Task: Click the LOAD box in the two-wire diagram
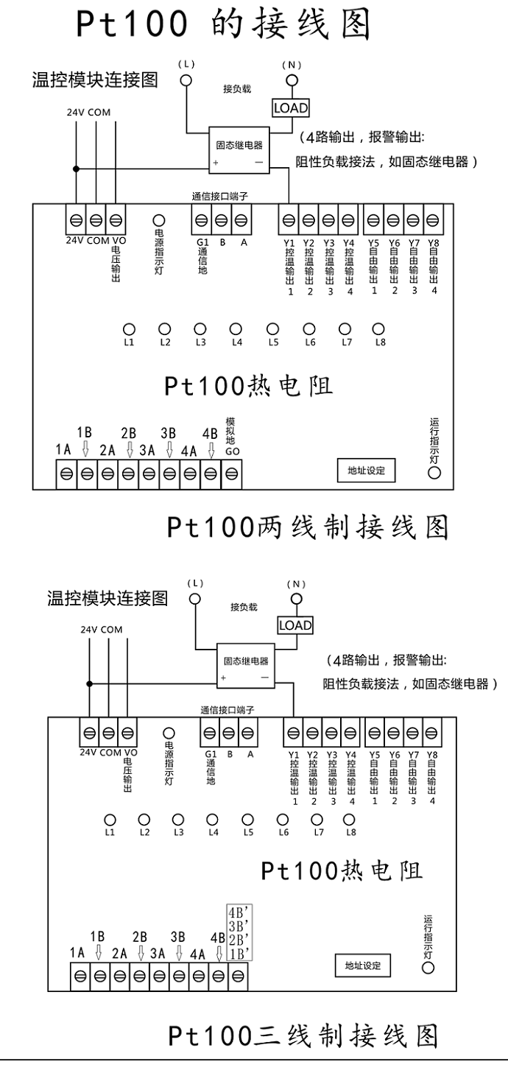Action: click(291, 108)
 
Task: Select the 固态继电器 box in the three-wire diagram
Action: click(245, 666)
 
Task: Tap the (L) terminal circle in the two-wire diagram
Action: click(186, 80)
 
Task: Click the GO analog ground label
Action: click(233, 451)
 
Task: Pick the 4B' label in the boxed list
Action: click(239, 912)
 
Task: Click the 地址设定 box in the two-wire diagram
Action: click(367, 471)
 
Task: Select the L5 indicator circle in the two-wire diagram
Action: click(273, 329)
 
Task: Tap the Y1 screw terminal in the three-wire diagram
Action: click(293, 733)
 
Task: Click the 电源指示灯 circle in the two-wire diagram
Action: click(159, 221)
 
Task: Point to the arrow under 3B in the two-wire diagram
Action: click(169, 449)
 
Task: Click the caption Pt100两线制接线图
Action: click(308, 527)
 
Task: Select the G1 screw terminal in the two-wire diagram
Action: click(201, 221)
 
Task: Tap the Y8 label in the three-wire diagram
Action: click(432, 755)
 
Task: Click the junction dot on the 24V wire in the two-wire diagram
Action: click(76, 169)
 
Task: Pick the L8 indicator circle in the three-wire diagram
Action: click(349, 820)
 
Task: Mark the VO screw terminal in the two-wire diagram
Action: click(116, 221)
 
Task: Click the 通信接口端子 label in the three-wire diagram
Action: click(227, 710)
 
